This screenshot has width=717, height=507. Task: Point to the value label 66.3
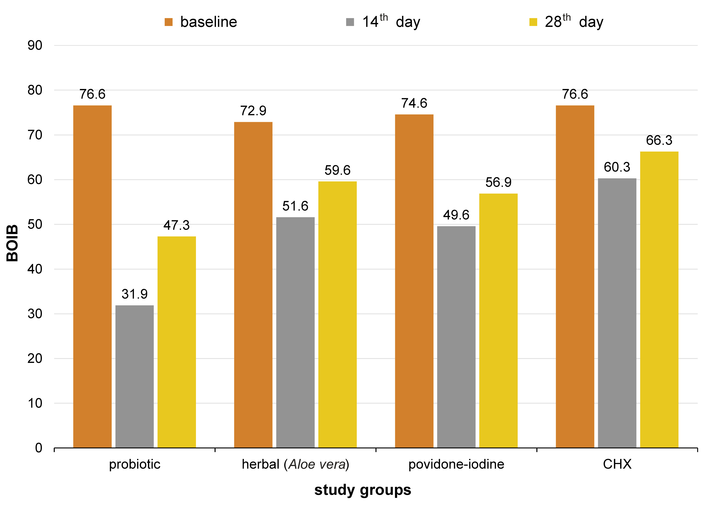click(659, 140)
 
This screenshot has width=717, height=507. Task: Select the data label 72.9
click(253, 111)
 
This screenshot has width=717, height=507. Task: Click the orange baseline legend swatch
click(169, 22)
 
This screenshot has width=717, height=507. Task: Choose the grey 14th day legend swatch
click(350, 22)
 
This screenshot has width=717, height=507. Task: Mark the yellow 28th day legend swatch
click(533, 22)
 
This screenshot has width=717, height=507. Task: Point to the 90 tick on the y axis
click(35, 46)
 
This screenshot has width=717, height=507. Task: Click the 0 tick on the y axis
click(39, 448)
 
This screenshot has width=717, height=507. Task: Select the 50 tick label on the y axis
click(35, 224)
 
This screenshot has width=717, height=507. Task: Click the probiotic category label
click(135, 464)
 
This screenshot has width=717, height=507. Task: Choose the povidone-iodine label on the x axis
click(456, 464)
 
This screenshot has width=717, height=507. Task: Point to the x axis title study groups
click(362, 490)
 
